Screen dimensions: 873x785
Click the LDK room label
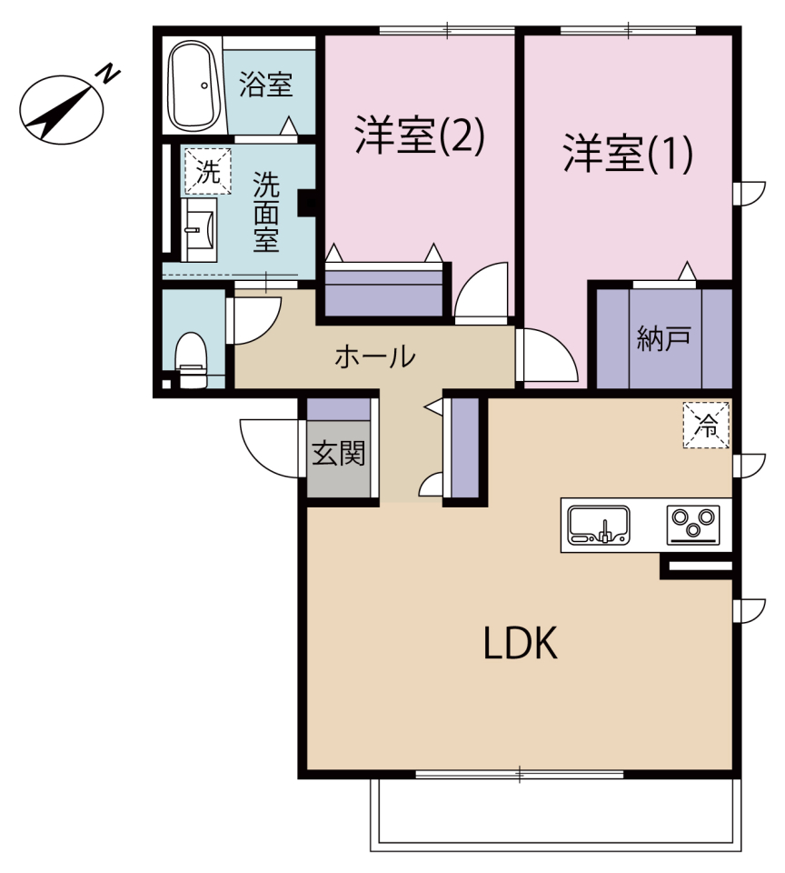coord(519,645)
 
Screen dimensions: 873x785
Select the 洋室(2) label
coord(419,136)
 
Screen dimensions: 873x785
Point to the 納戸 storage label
coord(664,338)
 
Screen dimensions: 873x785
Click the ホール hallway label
coord(375,356)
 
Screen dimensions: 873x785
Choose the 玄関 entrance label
coord(338,454)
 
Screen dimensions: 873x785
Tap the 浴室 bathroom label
coord(265,86)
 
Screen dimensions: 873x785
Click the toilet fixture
coord(191,358)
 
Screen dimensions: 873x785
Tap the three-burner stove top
coord(693,525)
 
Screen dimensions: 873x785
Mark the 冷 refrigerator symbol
coord(706,424)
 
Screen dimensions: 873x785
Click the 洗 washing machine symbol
coord(208,172)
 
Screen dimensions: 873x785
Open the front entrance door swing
coord(269,446)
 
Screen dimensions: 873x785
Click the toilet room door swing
coord(251,319)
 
